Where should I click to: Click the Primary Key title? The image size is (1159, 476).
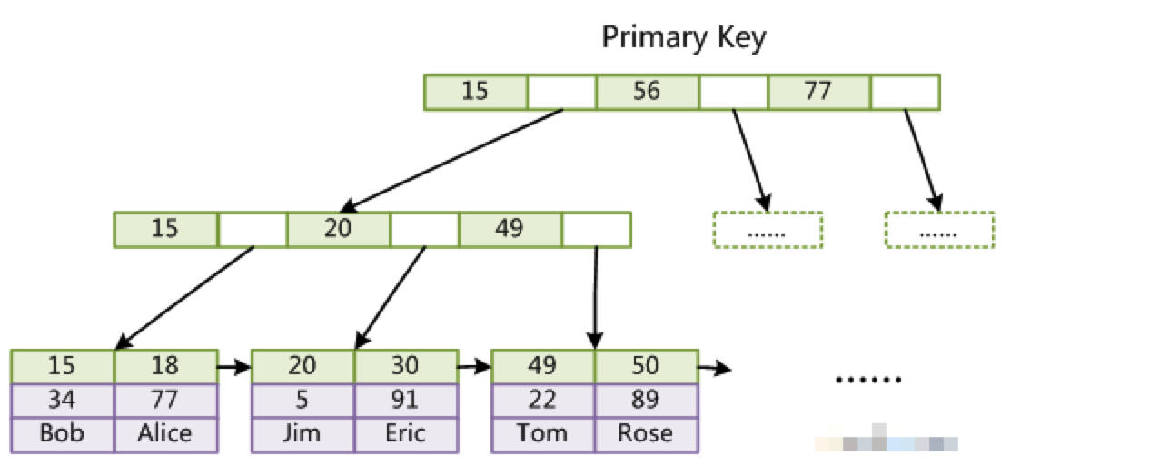point(684,37)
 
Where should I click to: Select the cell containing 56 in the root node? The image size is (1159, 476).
point(647,92)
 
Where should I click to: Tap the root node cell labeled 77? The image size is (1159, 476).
point(819,92)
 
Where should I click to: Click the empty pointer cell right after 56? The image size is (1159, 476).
point(733,92)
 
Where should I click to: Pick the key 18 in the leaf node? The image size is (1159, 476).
point(165,366)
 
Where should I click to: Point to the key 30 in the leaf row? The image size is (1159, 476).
point(405,366)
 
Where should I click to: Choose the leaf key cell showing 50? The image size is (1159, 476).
point(646,366)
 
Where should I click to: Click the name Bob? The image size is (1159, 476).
point(62,433)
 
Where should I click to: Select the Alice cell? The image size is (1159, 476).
point(165,433)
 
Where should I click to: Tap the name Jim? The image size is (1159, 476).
point(302,433)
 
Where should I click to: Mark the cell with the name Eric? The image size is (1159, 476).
point(405,433)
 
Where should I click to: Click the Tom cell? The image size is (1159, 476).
point(542,433)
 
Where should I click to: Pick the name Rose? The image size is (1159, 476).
point(646,433)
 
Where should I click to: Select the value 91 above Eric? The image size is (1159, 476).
point(405,400)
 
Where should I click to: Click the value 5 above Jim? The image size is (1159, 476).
point(302,400)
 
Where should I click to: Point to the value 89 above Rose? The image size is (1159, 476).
point(646,400)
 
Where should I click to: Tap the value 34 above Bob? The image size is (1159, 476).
point(62,400)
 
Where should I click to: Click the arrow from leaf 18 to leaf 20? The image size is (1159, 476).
point(234,367)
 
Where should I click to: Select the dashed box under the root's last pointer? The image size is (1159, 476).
point(939,230)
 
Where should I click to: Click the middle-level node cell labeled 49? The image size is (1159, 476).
point(510,229)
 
